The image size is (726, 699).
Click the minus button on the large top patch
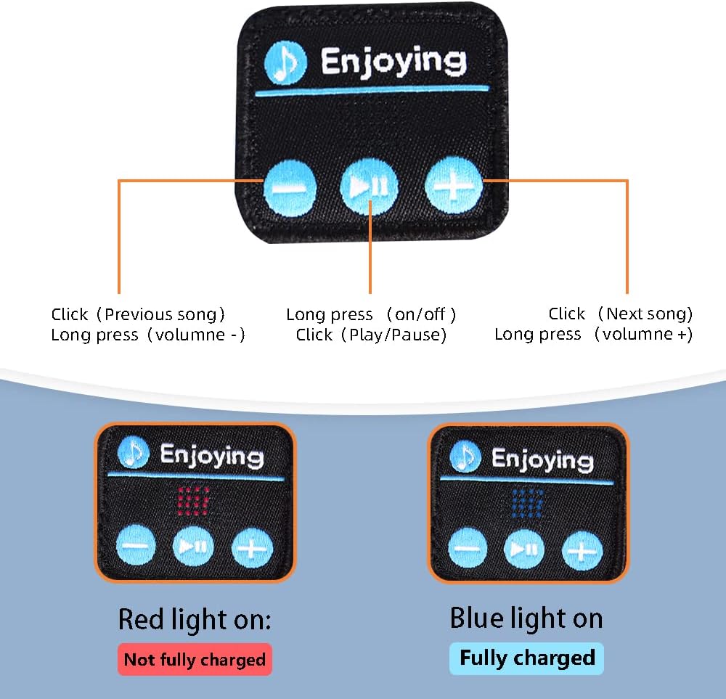(x=290, y=187)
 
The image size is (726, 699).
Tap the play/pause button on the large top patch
(x=370, y=187)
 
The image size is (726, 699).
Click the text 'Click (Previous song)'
(x=138, y=314)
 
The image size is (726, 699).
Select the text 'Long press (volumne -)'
(x=148, y=335)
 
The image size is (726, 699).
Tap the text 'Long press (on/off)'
(x=371, y=314)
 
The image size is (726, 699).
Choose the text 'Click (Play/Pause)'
(x=371, y=335)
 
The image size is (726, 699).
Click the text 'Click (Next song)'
(x=621, y=314)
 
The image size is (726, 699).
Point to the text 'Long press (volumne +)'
(x=593, y=334)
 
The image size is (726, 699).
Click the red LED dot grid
(x=194, y=500)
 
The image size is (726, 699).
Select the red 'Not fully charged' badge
(x=195, y=659)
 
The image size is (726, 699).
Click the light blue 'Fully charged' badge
(x=526, y=658)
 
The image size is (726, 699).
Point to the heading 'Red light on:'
(x=195, y=620)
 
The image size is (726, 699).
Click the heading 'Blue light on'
(x=526, y=618)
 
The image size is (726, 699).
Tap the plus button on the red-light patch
(x=252, y=547)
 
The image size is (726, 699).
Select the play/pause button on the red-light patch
(x=193, y=546)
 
